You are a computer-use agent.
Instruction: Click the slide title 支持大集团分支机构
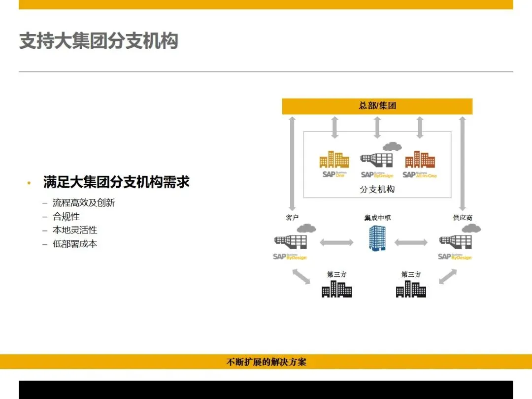[x=99, y=41]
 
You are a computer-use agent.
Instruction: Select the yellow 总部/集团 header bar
[x=377, y=106]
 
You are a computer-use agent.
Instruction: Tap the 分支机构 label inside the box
[x=377, y=189]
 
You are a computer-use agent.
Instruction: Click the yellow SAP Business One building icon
[x=334, y=160]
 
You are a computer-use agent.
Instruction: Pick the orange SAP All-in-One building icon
[x=420, y=160]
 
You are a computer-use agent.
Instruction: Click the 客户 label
[x=292, y=217]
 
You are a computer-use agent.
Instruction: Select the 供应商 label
[x=463, y=217]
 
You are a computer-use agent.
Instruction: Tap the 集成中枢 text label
[x=377, y=217]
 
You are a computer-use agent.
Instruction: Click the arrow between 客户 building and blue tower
[x=337, y=242]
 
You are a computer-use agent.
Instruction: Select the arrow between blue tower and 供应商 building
[x=411, y=242]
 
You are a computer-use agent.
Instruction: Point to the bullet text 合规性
[x=66, y=217]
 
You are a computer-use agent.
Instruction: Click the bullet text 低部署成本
[x=75, y=244]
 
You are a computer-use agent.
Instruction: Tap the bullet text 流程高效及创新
[x=84, y=203]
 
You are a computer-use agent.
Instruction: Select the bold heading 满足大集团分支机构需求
[x=116, y=182]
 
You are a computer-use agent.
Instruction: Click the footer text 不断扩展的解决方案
[x=266, y=362]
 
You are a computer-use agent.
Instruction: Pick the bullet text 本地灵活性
[x=75, y=230]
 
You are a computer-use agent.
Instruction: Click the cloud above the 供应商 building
[x=471, y=228]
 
